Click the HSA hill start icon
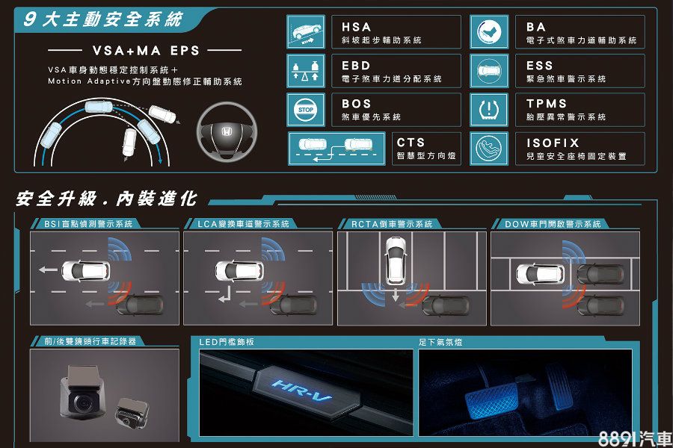(306, 31)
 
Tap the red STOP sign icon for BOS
(306, 110)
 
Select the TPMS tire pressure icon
(489, 110)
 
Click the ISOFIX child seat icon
(489, 149)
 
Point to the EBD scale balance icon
(306, 71)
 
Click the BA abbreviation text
(536, 27)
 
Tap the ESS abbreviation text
(539, 66)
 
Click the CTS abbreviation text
(411, 143)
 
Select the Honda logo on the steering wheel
(227, 131)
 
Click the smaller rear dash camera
(132, 412)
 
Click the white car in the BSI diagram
(86, 270)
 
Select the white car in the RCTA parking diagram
(396, 261)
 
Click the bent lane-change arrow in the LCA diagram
(225, 294)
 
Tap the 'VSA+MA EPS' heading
(146, 51)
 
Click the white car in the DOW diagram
(541, 274)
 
